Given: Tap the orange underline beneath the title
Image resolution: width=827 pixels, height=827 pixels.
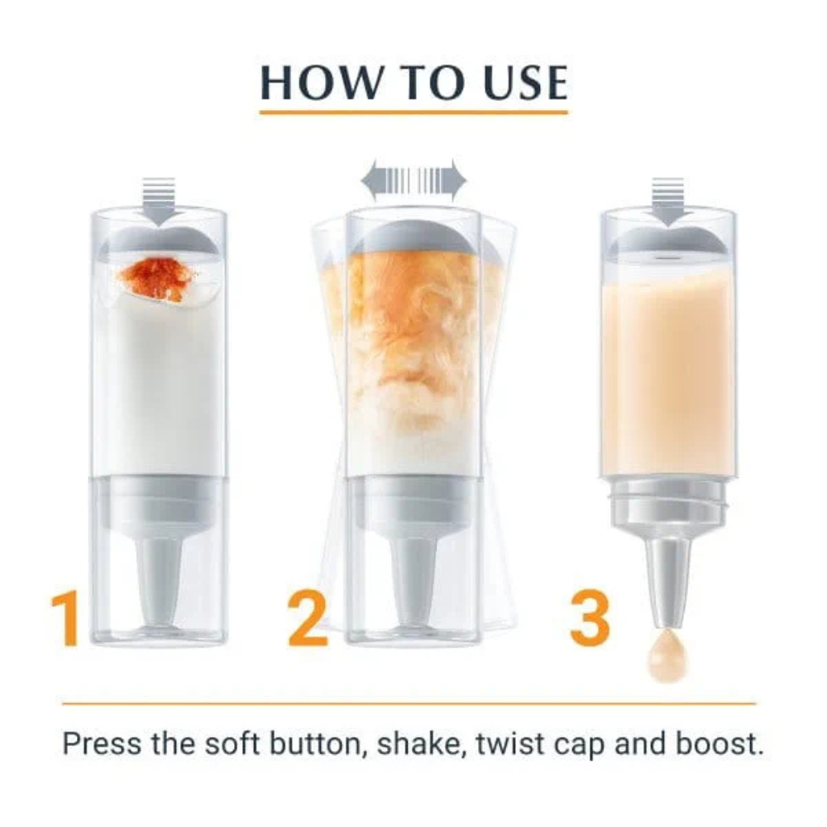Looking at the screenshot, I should pos(413,112).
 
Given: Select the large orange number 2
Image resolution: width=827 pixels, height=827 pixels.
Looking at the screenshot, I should pos(308,619).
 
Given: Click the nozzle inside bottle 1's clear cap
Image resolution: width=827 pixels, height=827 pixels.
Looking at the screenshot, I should pos(158,579).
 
